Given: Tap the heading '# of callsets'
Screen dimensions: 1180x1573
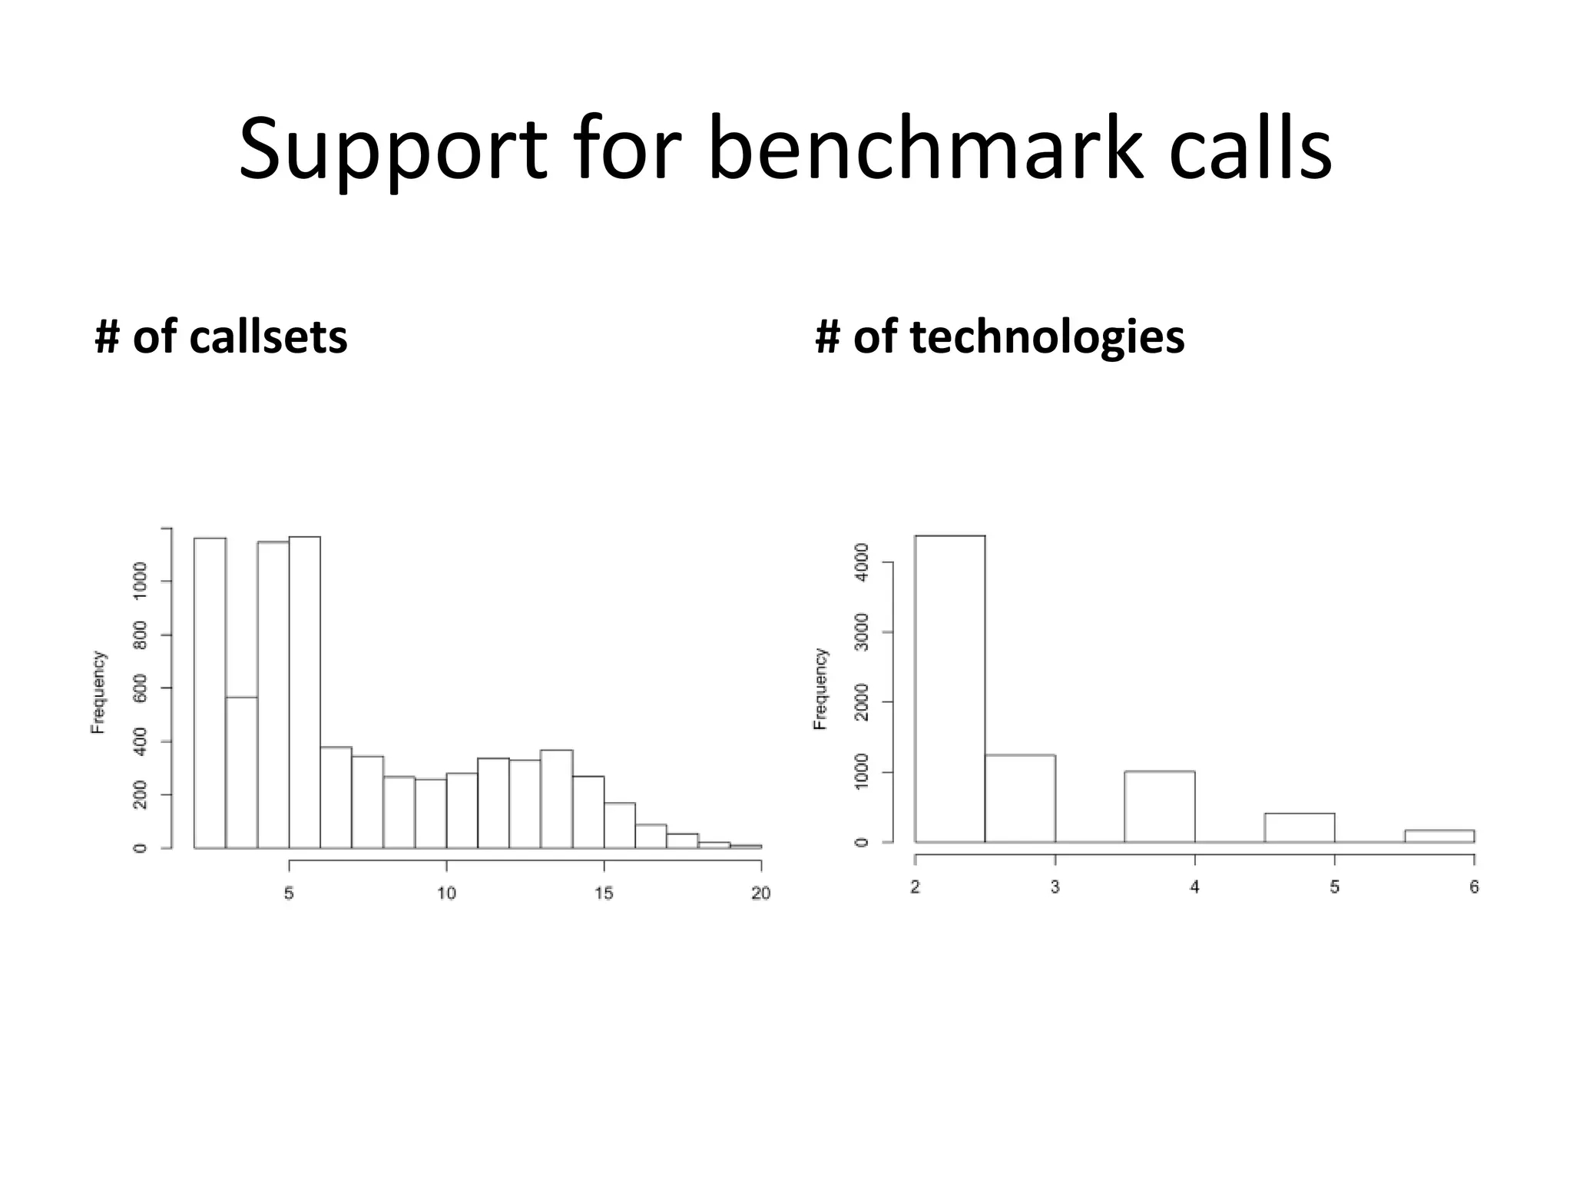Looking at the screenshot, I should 221,337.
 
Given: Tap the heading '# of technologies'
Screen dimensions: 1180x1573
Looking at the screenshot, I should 999,337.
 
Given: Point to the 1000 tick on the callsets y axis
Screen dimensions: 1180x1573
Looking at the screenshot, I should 141,581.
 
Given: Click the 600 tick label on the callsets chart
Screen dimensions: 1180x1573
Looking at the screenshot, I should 141,688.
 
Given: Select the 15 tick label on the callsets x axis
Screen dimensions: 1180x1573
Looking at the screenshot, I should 604,893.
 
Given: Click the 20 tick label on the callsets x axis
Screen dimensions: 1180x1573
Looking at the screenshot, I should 760,893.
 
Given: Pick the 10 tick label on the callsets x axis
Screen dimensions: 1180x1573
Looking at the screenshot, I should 446,893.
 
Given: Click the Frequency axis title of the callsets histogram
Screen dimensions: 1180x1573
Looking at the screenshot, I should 98,691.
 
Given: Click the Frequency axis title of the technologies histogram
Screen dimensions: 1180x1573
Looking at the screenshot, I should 820,688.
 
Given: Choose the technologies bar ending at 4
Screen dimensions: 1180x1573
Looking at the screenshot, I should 1159,806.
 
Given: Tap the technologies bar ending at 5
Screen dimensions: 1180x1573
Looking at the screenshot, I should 1300,827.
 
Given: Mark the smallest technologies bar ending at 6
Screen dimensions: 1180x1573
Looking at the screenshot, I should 1439,836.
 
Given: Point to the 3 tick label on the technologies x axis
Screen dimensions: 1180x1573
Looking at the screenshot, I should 1055,887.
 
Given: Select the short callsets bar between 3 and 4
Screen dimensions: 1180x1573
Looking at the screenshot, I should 242,772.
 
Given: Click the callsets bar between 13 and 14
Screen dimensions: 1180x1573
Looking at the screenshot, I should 556,799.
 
